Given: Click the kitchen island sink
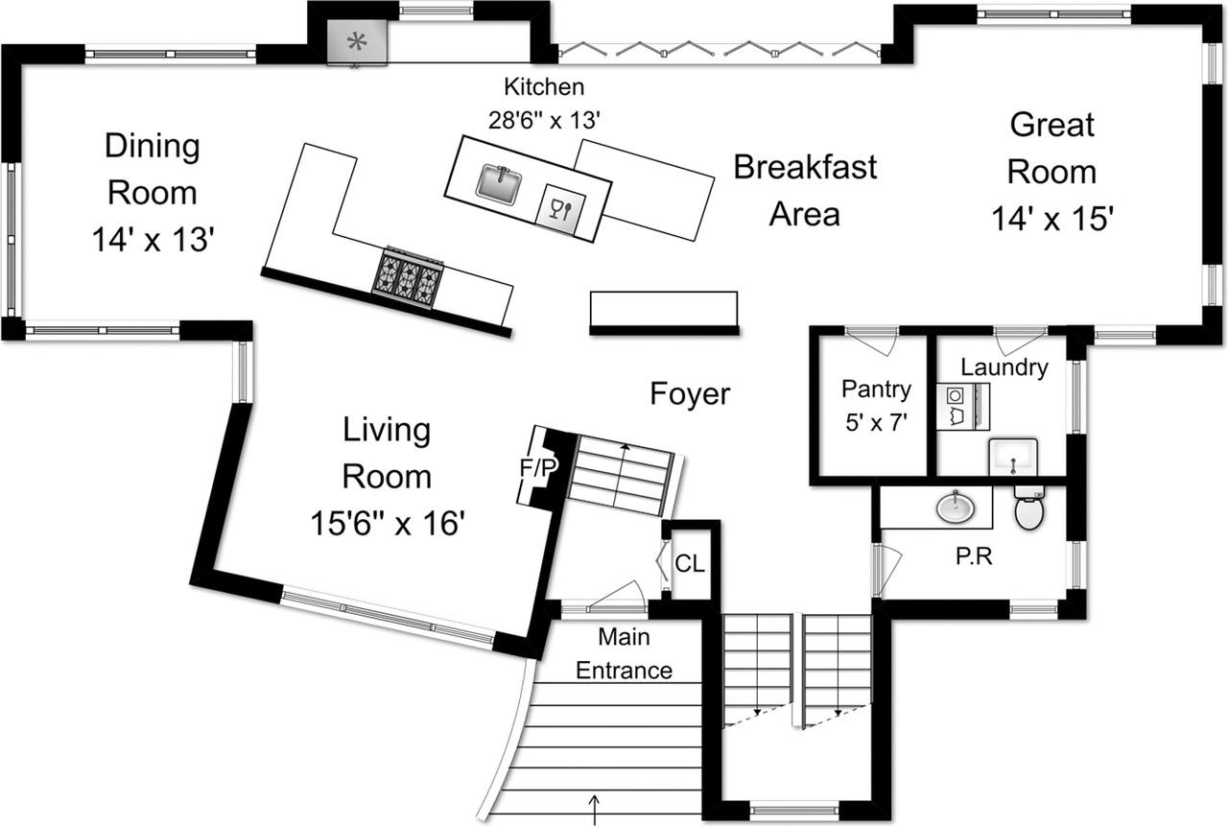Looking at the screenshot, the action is click(498, 183).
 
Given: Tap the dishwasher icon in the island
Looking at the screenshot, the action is click(559, 210).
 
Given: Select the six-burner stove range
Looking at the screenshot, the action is click(408, 278).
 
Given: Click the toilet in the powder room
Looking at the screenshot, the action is click(1029, 507).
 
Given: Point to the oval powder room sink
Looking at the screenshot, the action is click(956, 507).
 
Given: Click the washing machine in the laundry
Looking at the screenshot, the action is click(956, 406).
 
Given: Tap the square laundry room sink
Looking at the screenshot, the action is click(1013, 457).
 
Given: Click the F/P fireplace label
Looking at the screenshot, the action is click(538, 467).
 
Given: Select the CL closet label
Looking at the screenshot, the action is click(689, 563).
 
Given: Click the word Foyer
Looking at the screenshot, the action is click(690, 394).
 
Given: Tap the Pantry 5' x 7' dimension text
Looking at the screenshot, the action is click(876, 422).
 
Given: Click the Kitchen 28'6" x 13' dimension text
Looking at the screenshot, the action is click(544, 121).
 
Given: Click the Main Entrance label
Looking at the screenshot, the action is click(624, 653).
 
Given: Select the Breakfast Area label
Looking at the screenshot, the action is click(805, 190).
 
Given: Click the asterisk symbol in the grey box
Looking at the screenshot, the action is click(357, 41).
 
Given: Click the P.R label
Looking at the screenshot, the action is click(974, 556).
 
